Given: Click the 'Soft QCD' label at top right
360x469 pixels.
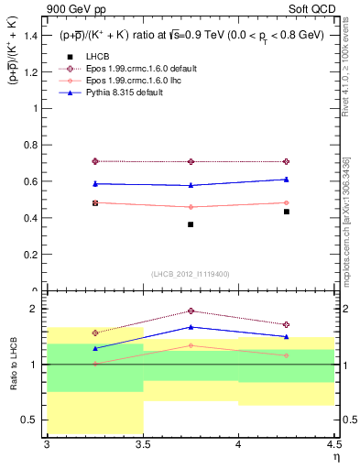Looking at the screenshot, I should pos(313,8).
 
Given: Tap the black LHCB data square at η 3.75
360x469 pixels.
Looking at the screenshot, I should pos(191,224).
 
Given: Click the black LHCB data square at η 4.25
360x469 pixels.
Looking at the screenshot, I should pos(287,212).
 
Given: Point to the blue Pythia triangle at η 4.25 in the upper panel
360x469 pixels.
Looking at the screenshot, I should pos(287,180).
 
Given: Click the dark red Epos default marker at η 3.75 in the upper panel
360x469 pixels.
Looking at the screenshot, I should pos(191,161).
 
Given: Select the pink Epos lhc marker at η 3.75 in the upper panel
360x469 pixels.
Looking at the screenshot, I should pos(191,207).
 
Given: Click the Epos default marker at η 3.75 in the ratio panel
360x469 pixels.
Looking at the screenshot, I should pos(191,311).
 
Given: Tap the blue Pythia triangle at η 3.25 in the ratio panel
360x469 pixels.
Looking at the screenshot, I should pos(94,348).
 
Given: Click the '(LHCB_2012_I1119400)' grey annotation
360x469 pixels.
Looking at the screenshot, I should pos(191,274).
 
